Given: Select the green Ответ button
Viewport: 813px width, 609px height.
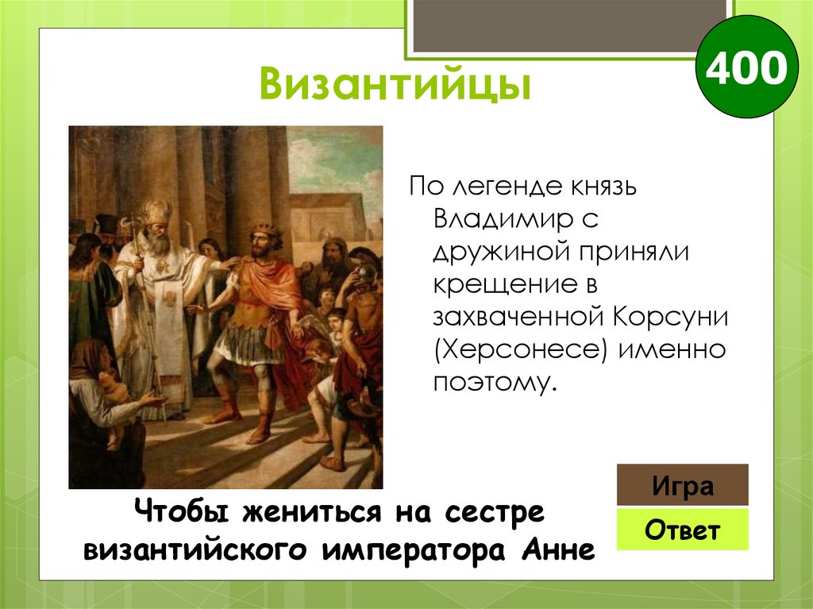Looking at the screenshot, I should point(682,530).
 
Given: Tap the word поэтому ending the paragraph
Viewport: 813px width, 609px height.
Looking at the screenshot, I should point(491,382).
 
